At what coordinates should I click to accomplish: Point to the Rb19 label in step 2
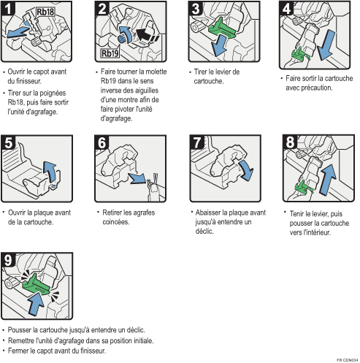coord(111,53)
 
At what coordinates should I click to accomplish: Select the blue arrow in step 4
coord(328,45)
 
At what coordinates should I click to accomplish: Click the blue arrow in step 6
coord(139,179)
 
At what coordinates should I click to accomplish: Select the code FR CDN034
coord(347,359)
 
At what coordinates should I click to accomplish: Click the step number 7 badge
coord(196,144)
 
